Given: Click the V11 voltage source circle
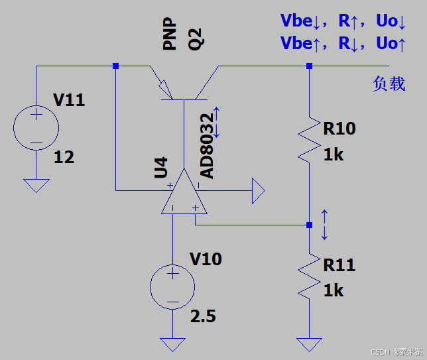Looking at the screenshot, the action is pyautogui.click(x=14, y=128).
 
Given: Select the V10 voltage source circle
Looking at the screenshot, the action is pyautogui.click(x=151, y=287).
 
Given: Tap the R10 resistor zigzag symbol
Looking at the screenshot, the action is pyautogui.click(x=310, y=140).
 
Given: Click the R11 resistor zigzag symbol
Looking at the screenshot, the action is pyautogui.click(x=310, y=276).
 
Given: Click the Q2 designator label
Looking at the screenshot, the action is pyautogui.click(x=196, y=39).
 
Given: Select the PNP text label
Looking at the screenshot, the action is pyautogui.click(x=169, y=34).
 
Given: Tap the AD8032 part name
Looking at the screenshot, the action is pyautogui.click(x=207, y=146).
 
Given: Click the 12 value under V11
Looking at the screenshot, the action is pyautogui.click(x=64, y=157).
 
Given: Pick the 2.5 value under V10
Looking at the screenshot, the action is pyautogui.click(x=203, y=316).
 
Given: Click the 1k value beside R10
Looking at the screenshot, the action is pyautogui.click(x=334, y=154).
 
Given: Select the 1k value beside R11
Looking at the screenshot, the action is pyautogui.click(x=334, y=290).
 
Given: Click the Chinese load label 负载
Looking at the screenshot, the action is pyautogui.click(x=389, y=84).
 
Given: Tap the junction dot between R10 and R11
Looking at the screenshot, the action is pyautogui.click(x=310, y=225).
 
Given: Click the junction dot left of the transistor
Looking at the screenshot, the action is pyautogui.click(x=116, y=66).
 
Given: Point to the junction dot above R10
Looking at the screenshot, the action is pyautogui.click(x=310, y=66).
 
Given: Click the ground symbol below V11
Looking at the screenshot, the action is pyautogui.click(x=36, y=186).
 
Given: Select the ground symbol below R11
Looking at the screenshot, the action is pyautogui.click(x=310, y=345).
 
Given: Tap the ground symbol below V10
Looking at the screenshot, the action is pyautogui.click(x=172, y=345).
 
